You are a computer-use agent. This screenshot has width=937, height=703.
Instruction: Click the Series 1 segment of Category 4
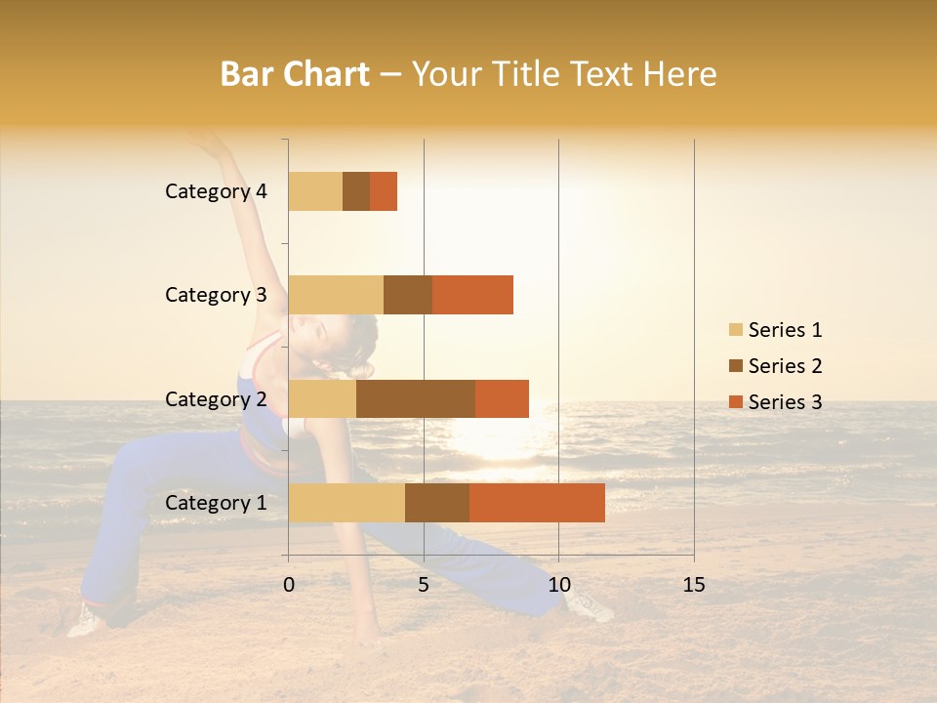coord(315,191)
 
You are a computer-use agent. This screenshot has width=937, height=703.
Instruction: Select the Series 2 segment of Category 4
coord(356,191)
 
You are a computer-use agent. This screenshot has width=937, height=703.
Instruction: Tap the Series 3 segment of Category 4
coord(384,191)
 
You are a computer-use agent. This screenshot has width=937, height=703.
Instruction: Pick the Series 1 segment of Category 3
coord(336,295)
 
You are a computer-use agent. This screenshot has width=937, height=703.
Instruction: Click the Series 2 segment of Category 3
coord(408,295)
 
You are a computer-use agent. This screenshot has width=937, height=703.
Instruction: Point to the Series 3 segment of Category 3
coord(472,295)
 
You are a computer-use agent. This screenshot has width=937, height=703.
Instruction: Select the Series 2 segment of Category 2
coord(416,398)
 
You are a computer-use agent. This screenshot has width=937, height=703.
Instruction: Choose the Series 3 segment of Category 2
coord(502,398)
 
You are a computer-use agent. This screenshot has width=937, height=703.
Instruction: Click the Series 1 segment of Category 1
coord(346,503)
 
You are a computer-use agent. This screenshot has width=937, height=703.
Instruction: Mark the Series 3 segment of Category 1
coord(537,503)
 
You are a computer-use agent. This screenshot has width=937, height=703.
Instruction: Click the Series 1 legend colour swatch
coord(735,330)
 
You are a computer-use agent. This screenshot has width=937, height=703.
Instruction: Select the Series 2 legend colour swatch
coord(735,366)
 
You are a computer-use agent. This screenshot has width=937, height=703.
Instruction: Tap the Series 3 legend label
coord(785,402)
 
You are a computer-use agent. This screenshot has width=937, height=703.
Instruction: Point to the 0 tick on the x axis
coord(289,585)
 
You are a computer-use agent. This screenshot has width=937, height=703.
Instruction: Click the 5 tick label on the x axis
coord(424,585)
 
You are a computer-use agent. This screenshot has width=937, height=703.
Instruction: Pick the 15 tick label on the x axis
coord(693,585)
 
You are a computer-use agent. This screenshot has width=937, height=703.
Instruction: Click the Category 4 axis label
coord(216,191)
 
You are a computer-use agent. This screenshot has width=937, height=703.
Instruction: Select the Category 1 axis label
coord(216,503)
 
